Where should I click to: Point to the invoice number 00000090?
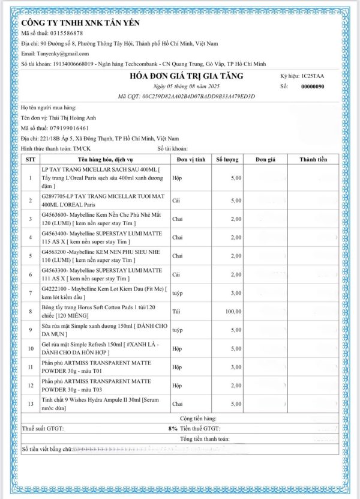point(312,86)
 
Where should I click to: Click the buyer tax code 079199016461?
point(68,128)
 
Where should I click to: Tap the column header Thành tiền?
point(313,160)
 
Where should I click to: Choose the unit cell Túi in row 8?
point(177,311)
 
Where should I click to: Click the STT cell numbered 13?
point(31,404)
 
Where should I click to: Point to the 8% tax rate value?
point(173,429)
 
